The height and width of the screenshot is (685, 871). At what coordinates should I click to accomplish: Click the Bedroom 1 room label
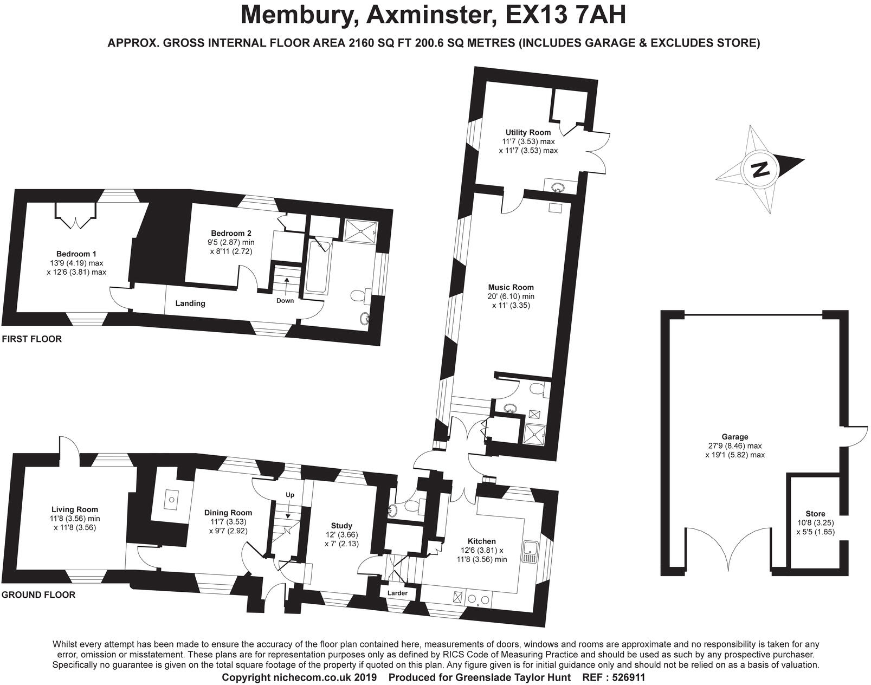[76, 254]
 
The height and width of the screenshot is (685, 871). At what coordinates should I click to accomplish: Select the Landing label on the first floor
[190, 303]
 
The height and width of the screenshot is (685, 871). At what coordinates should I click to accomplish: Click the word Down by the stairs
[285, 301]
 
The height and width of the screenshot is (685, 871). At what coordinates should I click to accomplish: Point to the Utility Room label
[528, 132]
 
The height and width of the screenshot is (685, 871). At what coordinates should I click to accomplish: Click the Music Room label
[511, 287]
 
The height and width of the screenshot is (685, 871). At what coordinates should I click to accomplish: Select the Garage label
[734, 437]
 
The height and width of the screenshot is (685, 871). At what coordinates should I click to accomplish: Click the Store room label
[815, 514]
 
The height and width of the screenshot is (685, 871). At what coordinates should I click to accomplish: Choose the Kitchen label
[481, 541]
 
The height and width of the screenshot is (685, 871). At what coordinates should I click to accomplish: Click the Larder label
[397, 593]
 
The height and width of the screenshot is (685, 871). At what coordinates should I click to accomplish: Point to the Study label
[341, 525]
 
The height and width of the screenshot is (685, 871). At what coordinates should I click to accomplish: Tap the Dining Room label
[228, 513]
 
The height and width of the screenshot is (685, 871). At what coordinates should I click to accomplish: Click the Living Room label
[75, 509]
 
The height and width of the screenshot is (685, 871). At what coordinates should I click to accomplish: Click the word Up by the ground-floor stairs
[290, 495]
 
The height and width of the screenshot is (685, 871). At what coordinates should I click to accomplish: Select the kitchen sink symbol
[529, 551]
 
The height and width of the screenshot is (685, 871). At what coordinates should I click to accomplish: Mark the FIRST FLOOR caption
[32, 339]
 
